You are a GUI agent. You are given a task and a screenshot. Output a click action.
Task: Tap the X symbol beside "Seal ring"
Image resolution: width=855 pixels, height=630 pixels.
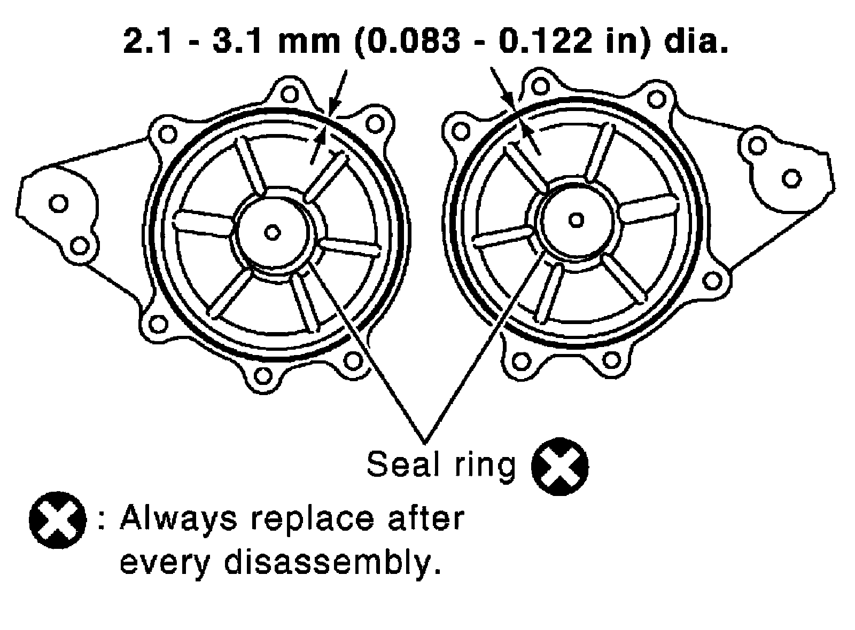[x=559, y=466]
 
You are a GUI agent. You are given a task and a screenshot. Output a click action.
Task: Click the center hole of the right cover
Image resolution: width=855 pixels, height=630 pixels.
[x=576, y=219]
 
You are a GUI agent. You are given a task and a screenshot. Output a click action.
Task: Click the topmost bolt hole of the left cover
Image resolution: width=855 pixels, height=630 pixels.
[x=289, y=94]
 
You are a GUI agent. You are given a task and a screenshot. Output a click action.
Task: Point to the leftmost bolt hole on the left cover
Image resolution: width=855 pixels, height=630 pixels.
[x=58, y=203]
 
